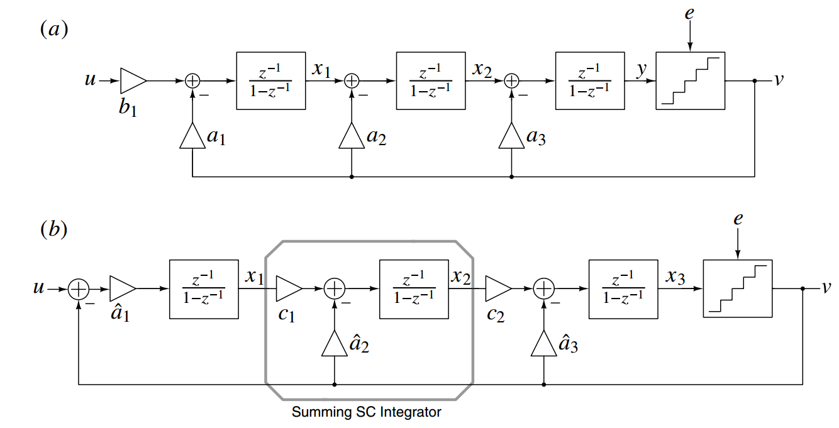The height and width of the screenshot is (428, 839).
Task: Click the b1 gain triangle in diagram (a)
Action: (x=131, y=80)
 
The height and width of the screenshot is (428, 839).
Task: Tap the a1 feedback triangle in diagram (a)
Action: (x=192, y=136)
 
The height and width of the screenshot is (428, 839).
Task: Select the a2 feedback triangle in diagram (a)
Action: (x=351, y=136)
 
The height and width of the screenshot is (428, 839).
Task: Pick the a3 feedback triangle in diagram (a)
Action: (x=511, y=136)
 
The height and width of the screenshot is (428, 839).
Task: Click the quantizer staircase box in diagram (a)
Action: (x=690, y=80)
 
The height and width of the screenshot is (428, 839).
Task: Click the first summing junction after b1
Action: (x=192, y=80)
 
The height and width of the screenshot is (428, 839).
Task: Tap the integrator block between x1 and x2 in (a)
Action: (x=430, y=80)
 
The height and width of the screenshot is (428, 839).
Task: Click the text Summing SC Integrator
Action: (x=367, y=412)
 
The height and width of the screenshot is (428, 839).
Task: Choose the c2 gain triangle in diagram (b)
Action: (x=497, y=288)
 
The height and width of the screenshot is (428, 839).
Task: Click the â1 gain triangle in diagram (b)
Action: (x=121, y=288)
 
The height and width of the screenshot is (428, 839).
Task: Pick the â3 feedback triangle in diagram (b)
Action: (x=543, y=344)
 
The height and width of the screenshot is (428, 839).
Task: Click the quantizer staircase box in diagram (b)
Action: (x=738, y=288)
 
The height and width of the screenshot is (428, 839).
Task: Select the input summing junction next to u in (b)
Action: (x=78, y=288)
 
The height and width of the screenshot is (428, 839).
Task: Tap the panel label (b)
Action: (x=53, y=229)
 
